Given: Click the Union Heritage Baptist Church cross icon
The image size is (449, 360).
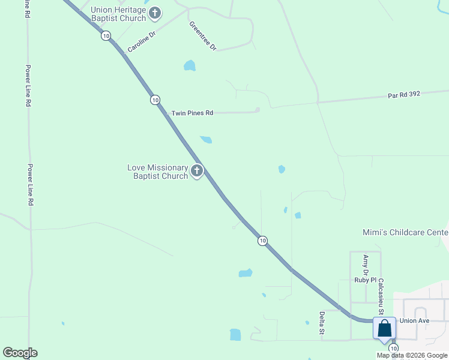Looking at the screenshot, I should pos(155,13).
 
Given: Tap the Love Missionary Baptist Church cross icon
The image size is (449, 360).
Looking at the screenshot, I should pos(196,172).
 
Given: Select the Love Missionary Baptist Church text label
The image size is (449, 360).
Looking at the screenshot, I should pos(158,172).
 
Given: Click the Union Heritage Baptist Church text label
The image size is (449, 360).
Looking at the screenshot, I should pos(118,14).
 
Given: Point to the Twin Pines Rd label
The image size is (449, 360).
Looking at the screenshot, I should pos(192,113).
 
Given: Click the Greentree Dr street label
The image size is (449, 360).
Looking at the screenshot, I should pos(202,36).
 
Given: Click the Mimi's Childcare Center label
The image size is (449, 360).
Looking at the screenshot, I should pos(405,232).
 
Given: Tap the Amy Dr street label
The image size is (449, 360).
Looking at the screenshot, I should pos(366,261).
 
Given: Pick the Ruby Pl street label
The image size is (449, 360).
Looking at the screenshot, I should pos(365,280).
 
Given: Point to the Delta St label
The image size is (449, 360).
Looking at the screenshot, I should pos(322,322).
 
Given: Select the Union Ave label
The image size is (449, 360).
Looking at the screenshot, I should pos(414,321).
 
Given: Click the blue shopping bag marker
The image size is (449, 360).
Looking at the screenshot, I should pos(384,329).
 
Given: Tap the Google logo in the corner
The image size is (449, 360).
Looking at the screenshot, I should pos(20,353).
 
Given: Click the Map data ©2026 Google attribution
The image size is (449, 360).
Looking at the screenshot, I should pos(412,355).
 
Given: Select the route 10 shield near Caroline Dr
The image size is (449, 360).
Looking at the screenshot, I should pos(106,36).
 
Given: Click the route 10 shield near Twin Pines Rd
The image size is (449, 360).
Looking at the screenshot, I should pos(155,100).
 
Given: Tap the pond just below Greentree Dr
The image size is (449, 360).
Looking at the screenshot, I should pos(190,65).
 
